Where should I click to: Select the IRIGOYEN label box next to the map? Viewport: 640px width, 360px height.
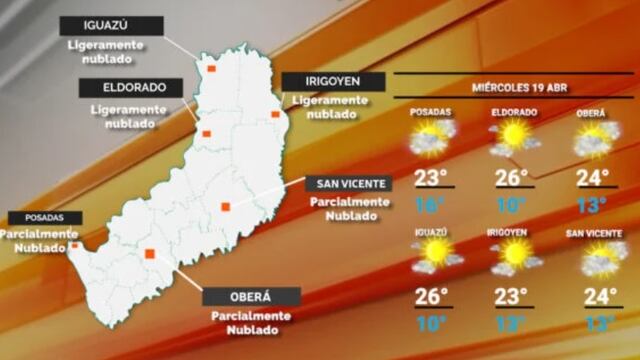coord(319,81)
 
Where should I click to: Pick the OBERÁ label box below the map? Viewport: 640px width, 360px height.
coord(251,297)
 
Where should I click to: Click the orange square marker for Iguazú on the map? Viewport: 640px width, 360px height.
coord(211,69)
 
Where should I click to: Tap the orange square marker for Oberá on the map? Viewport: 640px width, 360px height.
coord(149,254)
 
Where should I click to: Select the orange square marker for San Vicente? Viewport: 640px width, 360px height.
coord(226,207)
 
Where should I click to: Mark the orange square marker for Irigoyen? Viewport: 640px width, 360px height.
coord(275,115)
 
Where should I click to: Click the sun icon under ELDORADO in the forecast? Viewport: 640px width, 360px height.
coord(514,136)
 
